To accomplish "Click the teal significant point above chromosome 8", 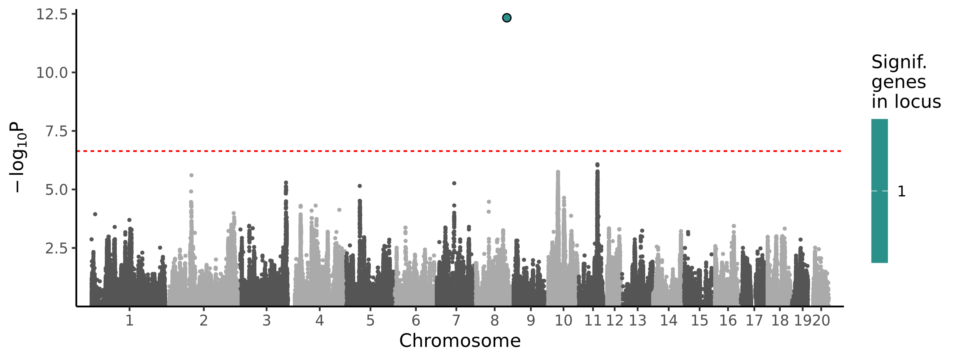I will tap(506, 18).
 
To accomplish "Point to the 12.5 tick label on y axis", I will tap(52, 15).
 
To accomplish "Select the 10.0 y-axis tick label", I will tap(52, 73).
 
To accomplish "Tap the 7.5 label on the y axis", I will tap(56, 131).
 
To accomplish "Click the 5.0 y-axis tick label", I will tap(56, 190).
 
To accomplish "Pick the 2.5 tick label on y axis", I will tap(56, 248).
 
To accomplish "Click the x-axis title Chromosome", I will tap(460, 341).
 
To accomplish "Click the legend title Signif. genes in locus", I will tap(906, 82).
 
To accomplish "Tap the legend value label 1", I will tap(902, 192).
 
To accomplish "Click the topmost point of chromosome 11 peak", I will tap(597, 165).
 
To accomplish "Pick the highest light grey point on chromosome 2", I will tap(191, 175).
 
